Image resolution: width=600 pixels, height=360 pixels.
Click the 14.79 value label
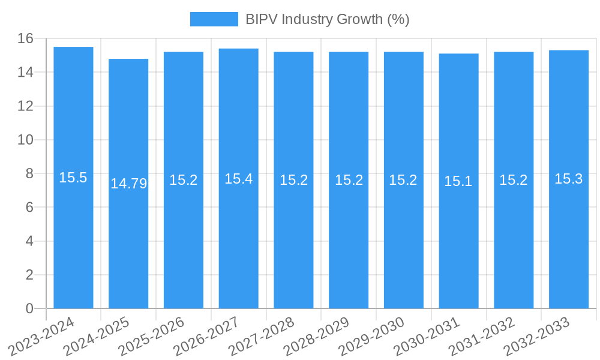point(128,184)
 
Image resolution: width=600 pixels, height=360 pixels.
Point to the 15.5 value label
point(73,178)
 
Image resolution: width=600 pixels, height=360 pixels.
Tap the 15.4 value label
point(238,178)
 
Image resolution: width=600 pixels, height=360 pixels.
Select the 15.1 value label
point(458,181)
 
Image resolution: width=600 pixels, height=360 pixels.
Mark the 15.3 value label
point(569,179)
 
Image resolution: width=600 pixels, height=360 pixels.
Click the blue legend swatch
point(214,19)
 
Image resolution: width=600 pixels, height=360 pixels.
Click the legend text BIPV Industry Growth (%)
point(327,19)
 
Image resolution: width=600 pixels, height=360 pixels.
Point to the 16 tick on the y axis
point(25,38)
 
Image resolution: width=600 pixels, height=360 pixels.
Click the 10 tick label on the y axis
point(25,140)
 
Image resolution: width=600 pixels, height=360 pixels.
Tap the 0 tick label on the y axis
point(29,308)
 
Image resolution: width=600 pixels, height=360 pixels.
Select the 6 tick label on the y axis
point(29,207)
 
